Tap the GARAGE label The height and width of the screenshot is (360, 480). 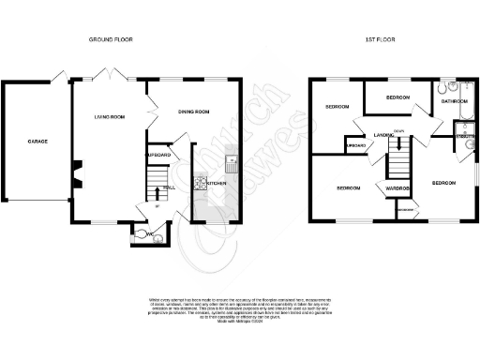tap(37, 142)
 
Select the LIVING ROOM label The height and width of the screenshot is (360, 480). tap(110, 117)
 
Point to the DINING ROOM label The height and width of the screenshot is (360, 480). tap(194, 112)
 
